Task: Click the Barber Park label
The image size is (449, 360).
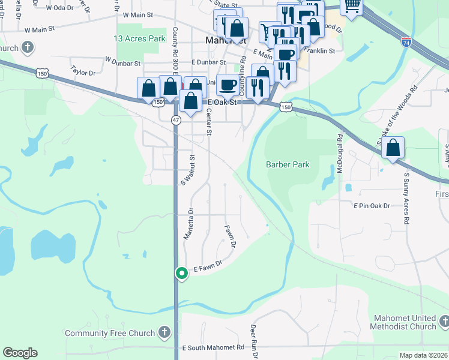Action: pyautogui.click(x=288, y=164)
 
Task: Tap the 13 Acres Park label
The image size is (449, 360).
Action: pyautogui.click(x=139, y=38)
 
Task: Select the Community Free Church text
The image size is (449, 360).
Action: pyautogui.click(x=110, y=333)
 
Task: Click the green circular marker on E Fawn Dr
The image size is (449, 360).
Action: pyautogui.click(x=181, y=274)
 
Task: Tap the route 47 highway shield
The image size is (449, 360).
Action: pyautogui.click(x=176, y=120)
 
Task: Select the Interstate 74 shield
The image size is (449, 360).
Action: pyautogui.click(x=406, y=43)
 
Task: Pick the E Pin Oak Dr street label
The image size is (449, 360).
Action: pyautogui.click(x=372, y=206)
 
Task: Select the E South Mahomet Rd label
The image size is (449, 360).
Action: pyautogui.click(x=213, y=347)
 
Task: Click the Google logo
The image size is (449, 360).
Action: pyautogui.click(x=20, y=353)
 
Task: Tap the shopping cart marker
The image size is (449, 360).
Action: pyautogui.click(x=352, y=7)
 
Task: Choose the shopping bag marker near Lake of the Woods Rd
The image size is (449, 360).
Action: pyautogui.click(x=393, y=148)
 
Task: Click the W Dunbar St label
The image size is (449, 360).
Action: pyautogui.click(x=122, y=61)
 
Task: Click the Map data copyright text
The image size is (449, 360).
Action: pyautogui.click(x=423, y=355)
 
